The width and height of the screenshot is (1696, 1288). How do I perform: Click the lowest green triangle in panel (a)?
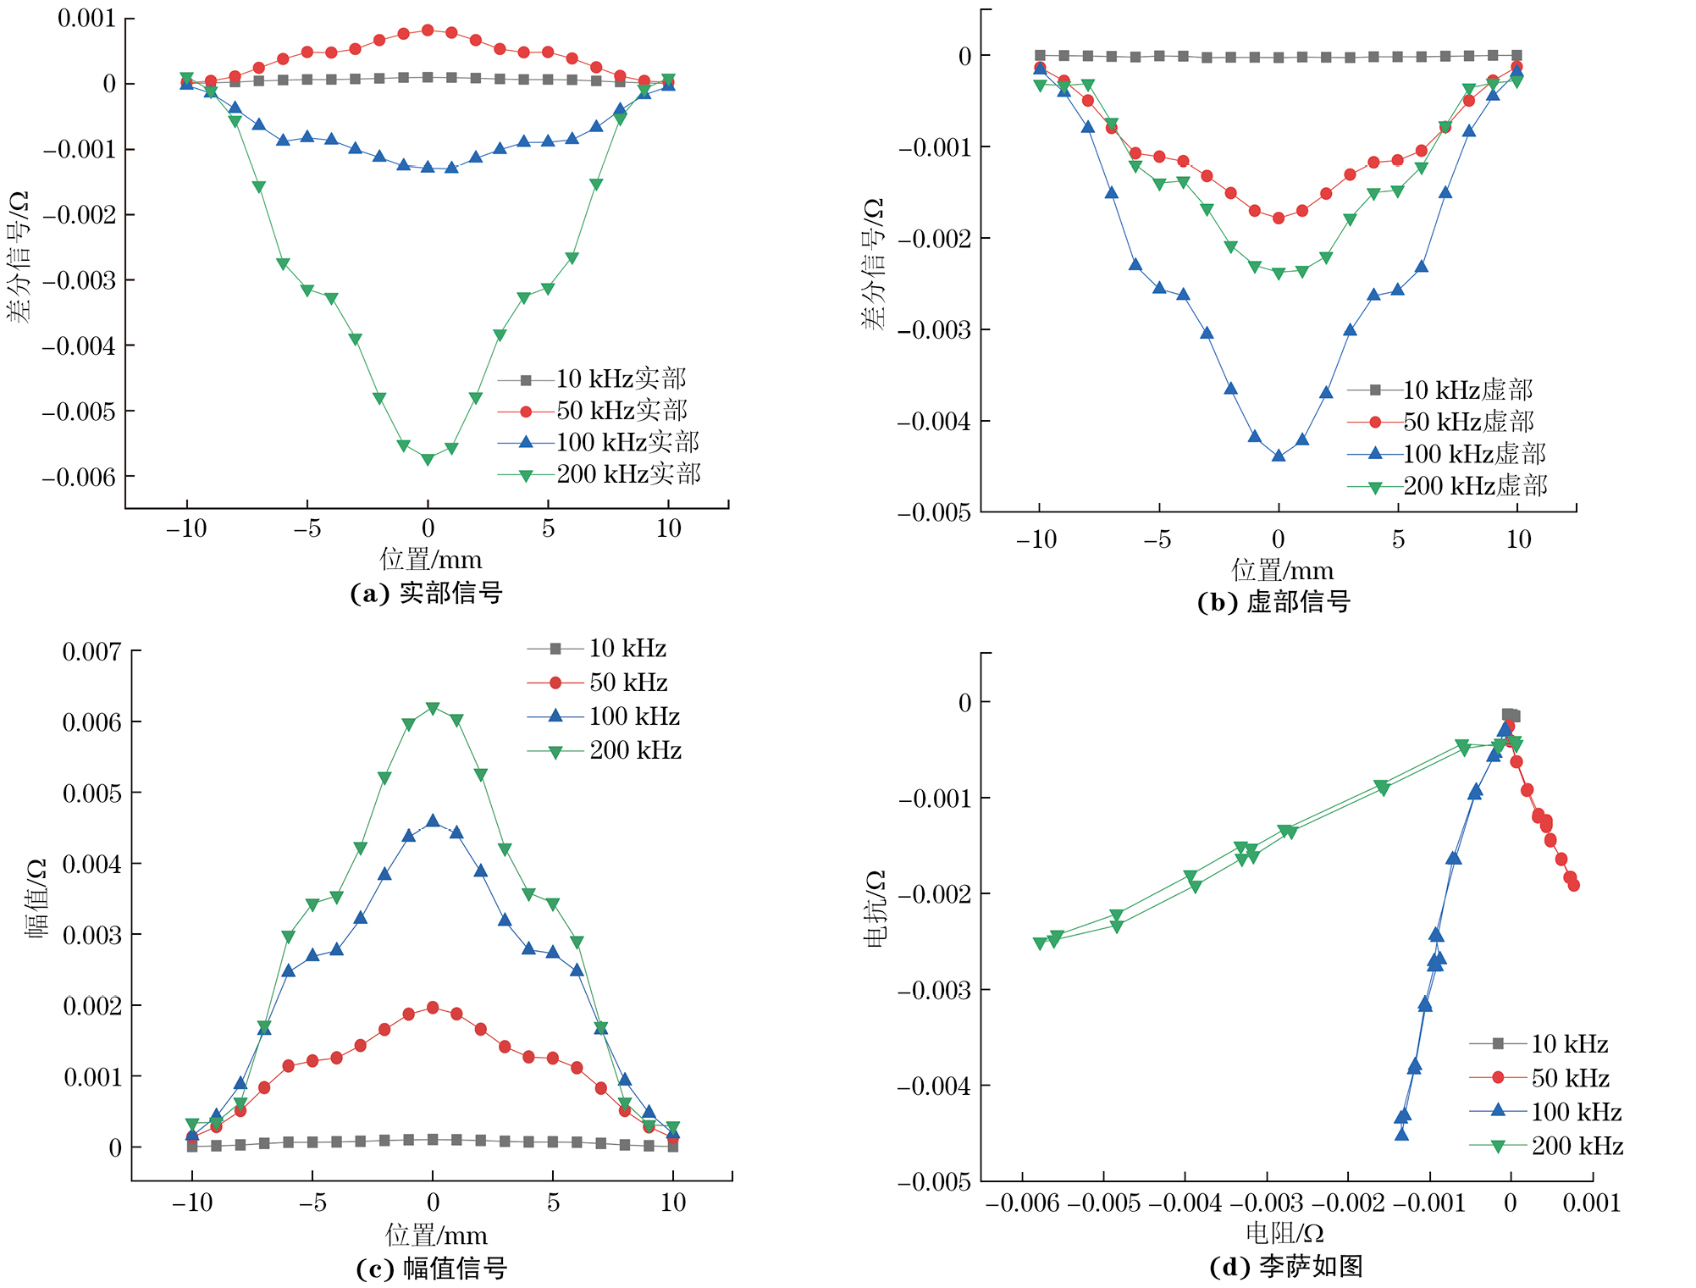point(428,459)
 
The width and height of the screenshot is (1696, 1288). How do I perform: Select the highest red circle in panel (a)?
point(428,30)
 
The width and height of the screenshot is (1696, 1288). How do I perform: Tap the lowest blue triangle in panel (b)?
point(1279,456)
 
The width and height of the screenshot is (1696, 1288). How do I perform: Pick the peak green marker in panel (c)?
point(433,708)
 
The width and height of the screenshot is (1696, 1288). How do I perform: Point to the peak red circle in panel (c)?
point(433,1008)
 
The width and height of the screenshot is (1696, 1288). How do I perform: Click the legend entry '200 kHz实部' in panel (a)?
point(627,474)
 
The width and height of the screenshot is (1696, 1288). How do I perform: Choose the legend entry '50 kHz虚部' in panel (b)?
point(1467,422)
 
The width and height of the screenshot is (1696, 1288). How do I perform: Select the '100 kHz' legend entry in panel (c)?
point(634,716)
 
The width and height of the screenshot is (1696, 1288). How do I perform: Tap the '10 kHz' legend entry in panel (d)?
point(1569,1044)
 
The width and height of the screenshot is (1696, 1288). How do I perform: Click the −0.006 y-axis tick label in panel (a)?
point(79,478)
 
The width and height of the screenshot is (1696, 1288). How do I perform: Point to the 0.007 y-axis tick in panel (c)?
point(91,651)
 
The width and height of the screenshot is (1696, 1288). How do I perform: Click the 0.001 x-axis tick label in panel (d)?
point(1591,1203)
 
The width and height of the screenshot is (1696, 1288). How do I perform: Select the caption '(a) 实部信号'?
point(427,593)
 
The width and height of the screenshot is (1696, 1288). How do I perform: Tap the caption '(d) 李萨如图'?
point(1286,1266)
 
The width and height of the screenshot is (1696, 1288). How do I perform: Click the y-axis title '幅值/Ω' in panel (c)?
point(36,898)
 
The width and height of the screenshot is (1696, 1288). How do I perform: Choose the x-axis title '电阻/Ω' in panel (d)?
point(1284,1233)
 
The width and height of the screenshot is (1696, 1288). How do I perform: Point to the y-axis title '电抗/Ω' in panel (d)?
point(876,908)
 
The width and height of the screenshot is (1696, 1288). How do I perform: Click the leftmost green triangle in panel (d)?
point(1040,943)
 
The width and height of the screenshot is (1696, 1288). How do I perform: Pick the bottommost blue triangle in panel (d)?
point(1401,1134)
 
